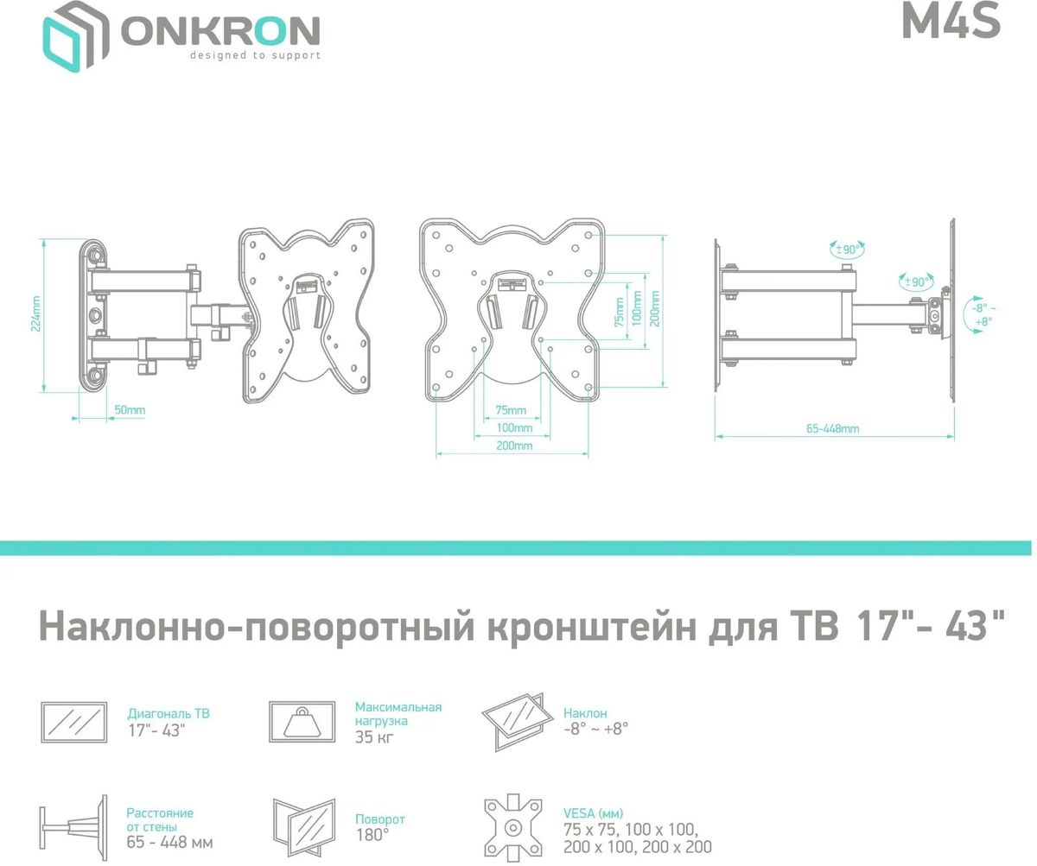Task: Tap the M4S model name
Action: tap(951, 22)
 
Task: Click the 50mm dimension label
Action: tap(129, 410)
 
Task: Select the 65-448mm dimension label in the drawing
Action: tap(832, 428)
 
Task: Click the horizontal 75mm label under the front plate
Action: tap(511, 410)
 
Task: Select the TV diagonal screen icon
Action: tap(74, 723)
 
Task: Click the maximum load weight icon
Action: tap(302, 722)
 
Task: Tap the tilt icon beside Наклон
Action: tap(516, 719)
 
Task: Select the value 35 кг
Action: tap(372, 736)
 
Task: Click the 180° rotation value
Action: tap(372, 835)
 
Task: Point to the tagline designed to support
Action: tap(255, 55)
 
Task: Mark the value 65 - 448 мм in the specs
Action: tap(169, 842)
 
